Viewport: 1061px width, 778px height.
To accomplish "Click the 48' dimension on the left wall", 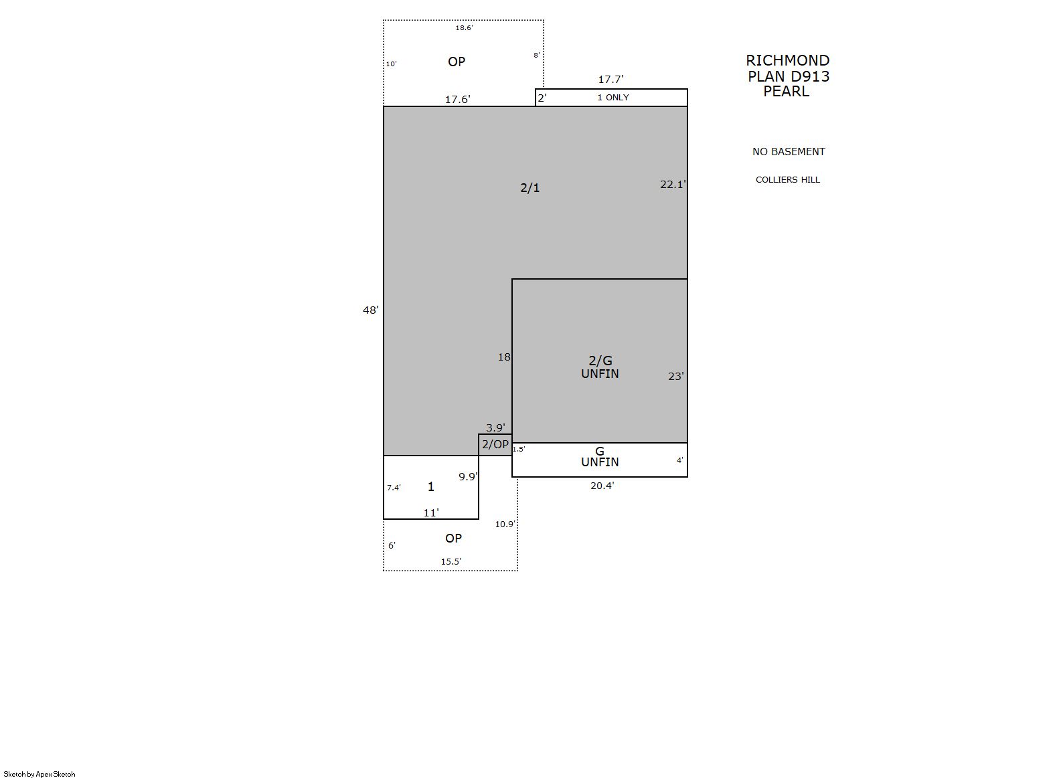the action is coord(370,310).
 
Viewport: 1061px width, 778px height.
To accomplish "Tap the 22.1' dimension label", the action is coord(673,184).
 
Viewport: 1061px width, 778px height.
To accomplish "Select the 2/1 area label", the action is coord(530,188).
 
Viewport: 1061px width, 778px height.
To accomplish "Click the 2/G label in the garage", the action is coord(600,361).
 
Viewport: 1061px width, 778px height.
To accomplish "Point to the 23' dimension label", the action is coord(676,376).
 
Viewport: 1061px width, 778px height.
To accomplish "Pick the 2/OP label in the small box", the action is coord(495,444).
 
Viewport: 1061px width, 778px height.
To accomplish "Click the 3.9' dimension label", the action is coord(495,428).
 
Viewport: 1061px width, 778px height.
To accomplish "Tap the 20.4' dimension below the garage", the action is coord(602,486).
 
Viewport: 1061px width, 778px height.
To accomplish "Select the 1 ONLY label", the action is coord(613,98).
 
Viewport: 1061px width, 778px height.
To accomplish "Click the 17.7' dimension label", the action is coord(611,80).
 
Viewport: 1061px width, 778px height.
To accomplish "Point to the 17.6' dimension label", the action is coord(458,100).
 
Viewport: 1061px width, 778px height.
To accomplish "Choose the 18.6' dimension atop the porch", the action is coord(464,28).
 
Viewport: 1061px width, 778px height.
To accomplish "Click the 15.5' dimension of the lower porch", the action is coord(451,562).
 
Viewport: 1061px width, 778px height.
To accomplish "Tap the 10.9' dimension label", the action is coord(505,524).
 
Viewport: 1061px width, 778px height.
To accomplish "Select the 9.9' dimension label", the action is coord(468,476).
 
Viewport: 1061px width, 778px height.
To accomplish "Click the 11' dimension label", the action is coord(431,512).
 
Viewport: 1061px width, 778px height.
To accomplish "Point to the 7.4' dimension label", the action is coord(394,488).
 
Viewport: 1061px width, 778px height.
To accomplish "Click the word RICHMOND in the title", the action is coord(788,61).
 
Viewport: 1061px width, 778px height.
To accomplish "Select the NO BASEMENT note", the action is coord(789,152).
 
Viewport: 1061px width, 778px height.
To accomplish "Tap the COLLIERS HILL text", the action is coord(788,180).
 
